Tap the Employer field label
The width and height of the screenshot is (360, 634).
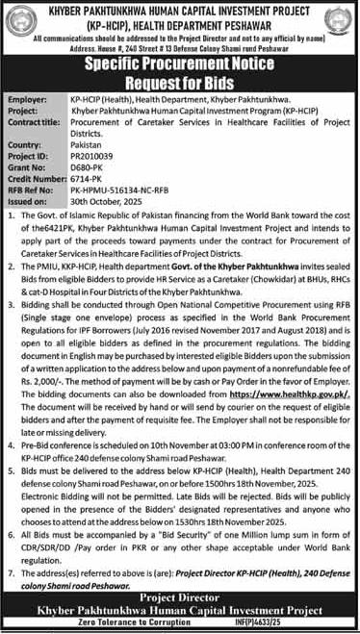pyautogui.click(x=27, y=99)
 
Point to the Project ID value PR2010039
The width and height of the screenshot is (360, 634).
pyautogui.click(x=92, y=156)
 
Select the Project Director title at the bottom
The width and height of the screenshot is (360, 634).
pyautogui.click(x=179, y=596)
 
